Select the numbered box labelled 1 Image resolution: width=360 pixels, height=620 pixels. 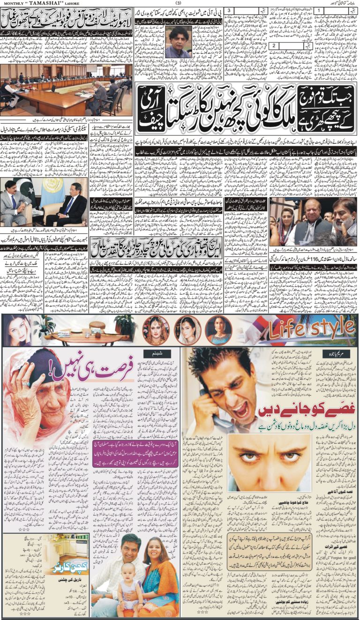pyautogui.click(x=318, y=10)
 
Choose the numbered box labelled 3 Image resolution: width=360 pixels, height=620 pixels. pyautogui.click(x=228, y=10)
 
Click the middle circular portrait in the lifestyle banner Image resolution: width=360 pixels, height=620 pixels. pyautogui.click(x=188, y=330)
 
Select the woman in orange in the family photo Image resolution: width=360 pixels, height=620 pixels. pyautogui.click(x=157, y=574)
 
